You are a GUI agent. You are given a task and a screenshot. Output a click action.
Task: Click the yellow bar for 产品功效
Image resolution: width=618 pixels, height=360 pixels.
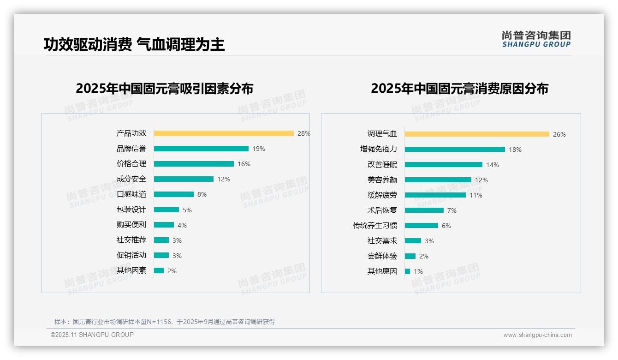(x=224, y=133)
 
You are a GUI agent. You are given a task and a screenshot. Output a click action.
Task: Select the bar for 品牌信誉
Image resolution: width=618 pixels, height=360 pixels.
(x=201, y=149)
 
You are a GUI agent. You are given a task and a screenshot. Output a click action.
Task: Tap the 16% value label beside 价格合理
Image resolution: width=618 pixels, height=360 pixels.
(x=244, y=164)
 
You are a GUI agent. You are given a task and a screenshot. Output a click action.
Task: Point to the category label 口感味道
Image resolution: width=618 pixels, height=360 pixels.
(x=131, y=194)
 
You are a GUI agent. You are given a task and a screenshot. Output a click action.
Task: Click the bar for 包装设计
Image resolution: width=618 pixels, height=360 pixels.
(x=166, y=210)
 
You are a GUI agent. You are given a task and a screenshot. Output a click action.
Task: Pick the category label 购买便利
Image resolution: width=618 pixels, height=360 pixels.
(x=131, y=225)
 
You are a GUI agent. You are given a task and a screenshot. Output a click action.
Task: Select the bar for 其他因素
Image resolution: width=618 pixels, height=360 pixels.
(x=159, y=270)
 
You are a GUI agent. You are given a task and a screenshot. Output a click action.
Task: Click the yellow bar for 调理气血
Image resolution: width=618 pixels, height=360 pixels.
(x=477, y=134)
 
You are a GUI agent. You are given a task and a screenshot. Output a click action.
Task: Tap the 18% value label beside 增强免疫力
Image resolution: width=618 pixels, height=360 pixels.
(x=515, y=150)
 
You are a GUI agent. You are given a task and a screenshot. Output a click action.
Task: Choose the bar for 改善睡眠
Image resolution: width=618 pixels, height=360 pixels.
(x=444, y=165)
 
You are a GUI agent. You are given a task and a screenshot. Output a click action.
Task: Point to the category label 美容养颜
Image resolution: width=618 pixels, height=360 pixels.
(x=382, y=180)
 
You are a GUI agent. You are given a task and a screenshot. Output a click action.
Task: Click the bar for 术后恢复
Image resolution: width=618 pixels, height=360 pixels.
(x=424, y=210)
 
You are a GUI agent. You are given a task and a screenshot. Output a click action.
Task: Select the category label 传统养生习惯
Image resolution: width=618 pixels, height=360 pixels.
(x=375, y=226)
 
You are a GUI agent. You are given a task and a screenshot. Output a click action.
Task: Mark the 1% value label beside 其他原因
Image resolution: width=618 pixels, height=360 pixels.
(x=418, y=271)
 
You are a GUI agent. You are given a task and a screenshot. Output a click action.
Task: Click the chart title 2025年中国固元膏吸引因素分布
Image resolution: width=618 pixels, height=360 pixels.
(x=165, y=89)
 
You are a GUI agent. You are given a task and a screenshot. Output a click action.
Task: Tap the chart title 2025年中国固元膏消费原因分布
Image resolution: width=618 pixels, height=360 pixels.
(x=459, y=89)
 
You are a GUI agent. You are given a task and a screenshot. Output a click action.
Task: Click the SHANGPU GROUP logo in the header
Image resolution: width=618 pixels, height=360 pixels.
(x=536, y=39)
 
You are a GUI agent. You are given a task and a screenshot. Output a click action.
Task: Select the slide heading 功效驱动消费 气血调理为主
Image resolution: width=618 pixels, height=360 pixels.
(x=134, y=44)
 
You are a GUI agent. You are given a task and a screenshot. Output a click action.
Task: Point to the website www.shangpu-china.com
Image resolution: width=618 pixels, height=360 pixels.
(x=537, y=335)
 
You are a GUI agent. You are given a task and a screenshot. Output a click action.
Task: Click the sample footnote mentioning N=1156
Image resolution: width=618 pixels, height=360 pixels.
(x=165, y=322)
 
